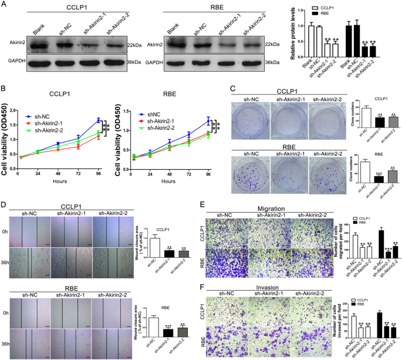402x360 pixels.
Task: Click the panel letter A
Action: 4,5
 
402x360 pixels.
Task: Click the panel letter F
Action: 203,288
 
